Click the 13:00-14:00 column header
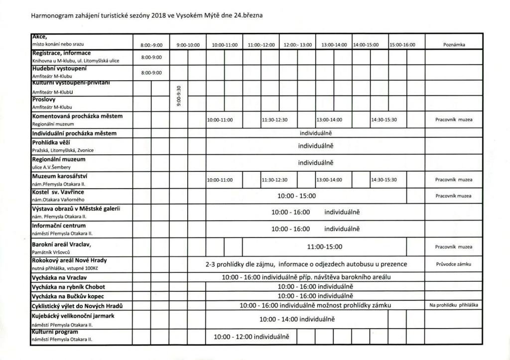(x=334, y=45)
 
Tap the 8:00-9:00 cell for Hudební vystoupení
(x=151, y=73)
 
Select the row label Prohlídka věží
(x=52, y=142)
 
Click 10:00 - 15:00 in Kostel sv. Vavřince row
(x=296, y=196)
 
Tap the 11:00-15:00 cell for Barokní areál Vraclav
(x=325, y=246)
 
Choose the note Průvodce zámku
(x=454, y=264)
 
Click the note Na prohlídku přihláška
(x=454, y=305)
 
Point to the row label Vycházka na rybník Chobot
(x=68, y=287)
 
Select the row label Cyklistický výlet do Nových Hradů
(x=77, y=305)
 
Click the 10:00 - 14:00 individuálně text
(x=297, y=319)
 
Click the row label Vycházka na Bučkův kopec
(x=69, y=296)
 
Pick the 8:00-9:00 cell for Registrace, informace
(x=151, y=57)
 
